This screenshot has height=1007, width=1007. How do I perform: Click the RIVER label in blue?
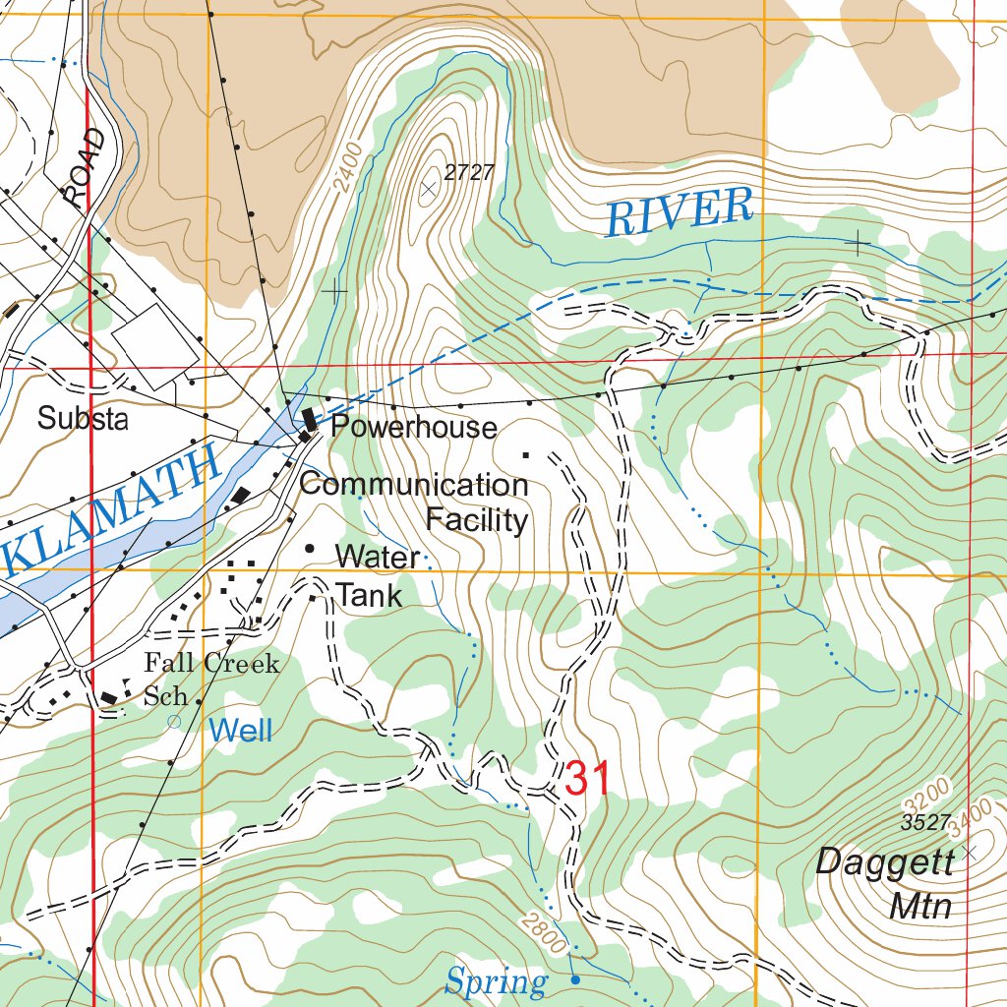pyautogui.click(x=679, y=210)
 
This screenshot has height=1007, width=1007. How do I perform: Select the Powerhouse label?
pyautogui.click(x=413, y=427)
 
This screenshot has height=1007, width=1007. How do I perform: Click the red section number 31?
pyautogui.click(x=588, y=779)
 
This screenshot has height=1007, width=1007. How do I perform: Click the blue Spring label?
pyautogui.click(x=496, y=980)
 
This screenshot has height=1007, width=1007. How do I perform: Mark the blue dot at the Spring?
pyautogui.click(x=575, y=979)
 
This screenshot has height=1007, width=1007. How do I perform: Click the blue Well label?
pyautogui.click(x=241, y=730)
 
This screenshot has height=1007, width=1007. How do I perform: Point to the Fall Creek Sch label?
pyautogui.click(x=210, y=679)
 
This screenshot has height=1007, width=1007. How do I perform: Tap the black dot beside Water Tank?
pyautogui.click(x=310, y=549)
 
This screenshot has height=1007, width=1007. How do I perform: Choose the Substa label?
pyautogui.click(x=83, y=419)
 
